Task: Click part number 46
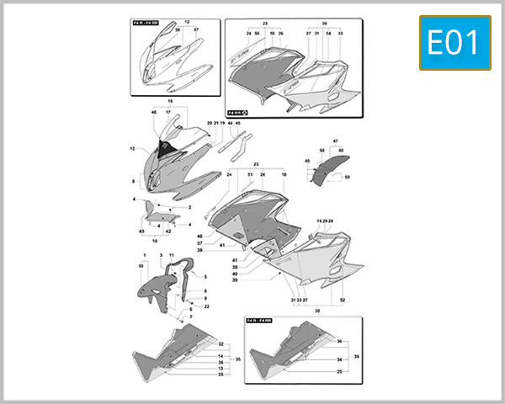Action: click(x=154, y=112)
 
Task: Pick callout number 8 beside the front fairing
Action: click(x=133, y=181)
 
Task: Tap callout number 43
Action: click(x=141, y=231)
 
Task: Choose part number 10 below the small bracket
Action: click(x=154, y=240)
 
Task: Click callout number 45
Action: click(x=238, y=124)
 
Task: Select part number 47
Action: click(x=334, y=141)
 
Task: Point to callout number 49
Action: click(x=307, y=161)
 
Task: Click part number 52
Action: click(x=342, y=300)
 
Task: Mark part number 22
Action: click(x=206, y=306)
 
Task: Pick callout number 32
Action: click(x=221, y=346)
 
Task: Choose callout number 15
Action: click(x=319, y=221)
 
